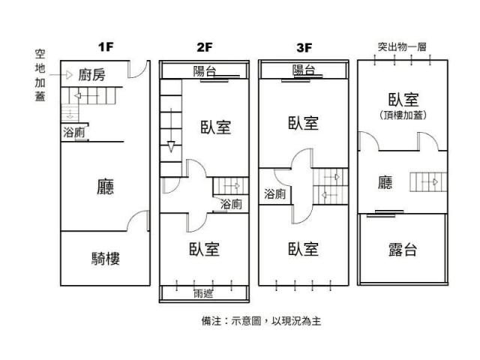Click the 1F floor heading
(x=106, y=47)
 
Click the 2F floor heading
(x=205, y=47)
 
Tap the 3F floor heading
(x=304, y=48)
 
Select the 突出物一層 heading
(x=402, y=46)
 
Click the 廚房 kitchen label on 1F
(x=91, y=75)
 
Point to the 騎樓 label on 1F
(x=106, y=259)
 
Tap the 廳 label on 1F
(x=105, y=187)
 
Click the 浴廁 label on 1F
(x=73, y=133)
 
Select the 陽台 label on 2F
(x=205, y=71)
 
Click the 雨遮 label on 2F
(x=203, y=294)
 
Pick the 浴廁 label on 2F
(x=231, y=204)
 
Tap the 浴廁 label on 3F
(x=275, y=193)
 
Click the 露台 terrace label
(x=403, y=250)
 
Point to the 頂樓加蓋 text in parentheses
(x=403, y=115)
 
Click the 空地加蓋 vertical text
(x=40, y=75)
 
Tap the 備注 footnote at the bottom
(x=261, y=321)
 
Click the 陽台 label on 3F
(x=304, y=70)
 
